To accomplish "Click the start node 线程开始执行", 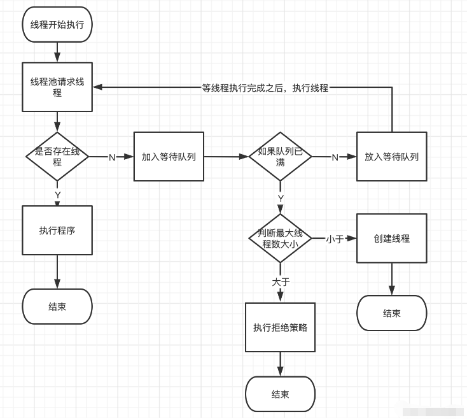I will (57, 25).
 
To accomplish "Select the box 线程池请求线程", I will (57, 87).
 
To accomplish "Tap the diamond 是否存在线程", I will (57, 157).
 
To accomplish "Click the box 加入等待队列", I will (169, 157).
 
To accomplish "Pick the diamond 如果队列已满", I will (280, 157).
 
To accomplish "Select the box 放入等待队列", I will (391, 157).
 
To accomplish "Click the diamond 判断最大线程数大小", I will (280, 239).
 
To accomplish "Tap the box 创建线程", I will (391, 239).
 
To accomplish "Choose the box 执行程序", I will (57, 231).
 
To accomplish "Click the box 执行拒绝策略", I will (280, 327).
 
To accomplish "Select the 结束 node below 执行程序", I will (57, 306).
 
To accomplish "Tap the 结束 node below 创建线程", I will (391, 313).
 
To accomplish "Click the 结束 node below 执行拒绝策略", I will (280, 394).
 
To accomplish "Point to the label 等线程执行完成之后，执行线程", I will (265, 88).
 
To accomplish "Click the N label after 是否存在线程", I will (112, 157).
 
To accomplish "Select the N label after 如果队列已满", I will (335, 157).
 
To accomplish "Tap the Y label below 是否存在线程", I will (58, 194).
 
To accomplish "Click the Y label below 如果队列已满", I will (281, 199).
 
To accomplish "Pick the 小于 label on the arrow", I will (335, 239).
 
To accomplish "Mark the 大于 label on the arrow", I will (281, 281).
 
